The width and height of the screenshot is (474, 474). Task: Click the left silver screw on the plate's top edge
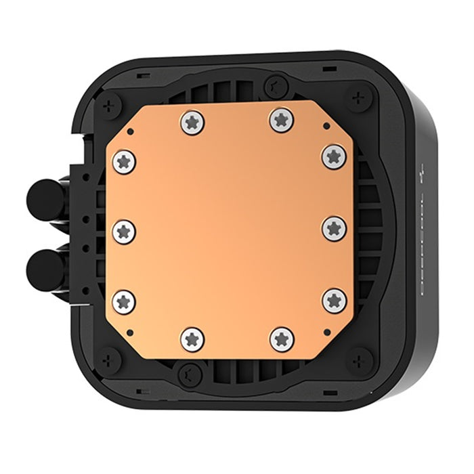192,122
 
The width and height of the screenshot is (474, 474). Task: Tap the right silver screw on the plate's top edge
282,120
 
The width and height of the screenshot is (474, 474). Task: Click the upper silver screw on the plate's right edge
334,156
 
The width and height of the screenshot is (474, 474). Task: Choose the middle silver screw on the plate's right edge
334,228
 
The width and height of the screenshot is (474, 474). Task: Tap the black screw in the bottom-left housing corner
108,360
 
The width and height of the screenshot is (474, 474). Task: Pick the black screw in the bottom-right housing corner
360,360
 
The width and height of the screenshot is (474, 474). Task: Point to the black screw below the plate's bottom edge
190,372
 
